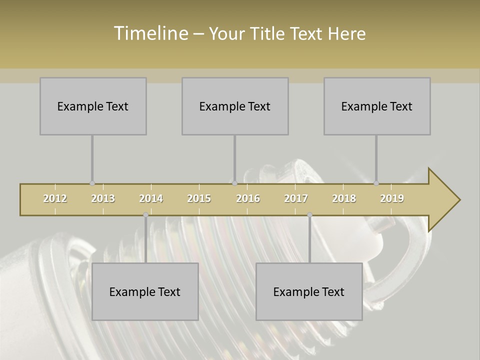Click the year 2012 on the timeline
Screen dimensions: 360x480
pyautogui.click(x=55, y=198)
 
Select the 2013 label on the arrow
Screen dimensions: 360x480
pyautogui.click(x=103, y=198)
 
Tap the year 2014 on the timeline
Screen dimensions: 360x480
pyautogui.click(x=151, y=198)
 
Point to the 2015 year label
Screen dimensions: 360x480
pyautogui.click(x=199, y=198)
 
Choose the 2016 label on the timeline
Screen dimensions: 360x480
pyautogui.click(x=248, y=198)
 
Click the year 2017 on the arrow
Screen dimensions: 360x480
pyautogui.click(x=296, y=198)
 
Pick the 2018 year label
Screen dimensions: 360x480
pyautogui.click(x=344, y=198)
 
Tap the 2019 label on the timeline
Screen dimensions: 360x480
pyautogui.click(x=392, y=198)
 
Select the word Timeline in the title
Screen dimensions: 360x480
pyautogui.click(x=150, y=33)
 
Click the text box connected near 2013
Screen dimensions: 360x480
pyautogui.click(x=93, y=106)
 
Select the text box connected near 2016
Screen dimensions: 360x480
pyautogui.click(x=235, y=106)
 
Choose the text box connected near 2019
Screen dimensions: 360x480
pyautogui.click(x=377, y=106)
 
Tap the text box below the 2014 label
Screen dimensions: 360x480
pyautogui.click(x=145, y=291)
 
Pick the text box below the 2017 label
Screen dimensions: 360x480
pyautogui.click(x=309, y=291)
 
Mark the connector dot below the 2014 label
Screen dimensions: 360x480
pyautogui.click(x=146, y=214)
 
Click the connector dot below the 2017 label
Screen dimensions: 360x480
pyautogui.click(x=310, y=214)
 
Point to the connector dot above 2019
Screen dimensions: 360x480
pyautogui.click(x=376, y=183)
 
